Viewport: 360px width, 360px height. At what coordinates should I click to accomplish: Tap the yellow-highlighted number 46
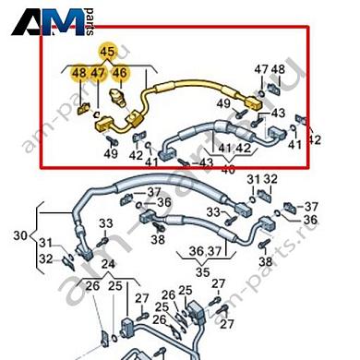point(119,72)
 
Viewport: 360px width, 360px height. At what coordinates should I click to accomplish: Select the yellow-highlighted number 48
point(79,72)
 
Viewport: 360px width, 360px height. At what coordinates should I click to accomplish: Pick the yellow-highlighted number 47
point(99,72)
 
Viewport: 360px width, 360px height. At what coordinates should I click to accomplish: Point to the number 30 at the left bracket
point(19,235)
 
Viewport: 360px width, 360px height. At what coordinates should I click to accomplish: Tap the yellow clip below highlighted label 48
point(81,111)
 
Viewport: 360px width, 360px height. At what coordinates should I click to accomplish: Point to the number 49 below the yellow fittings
point(112,153)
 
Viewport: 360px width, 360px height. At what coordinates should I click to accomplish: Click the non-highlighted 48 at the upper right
point(278,69)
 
